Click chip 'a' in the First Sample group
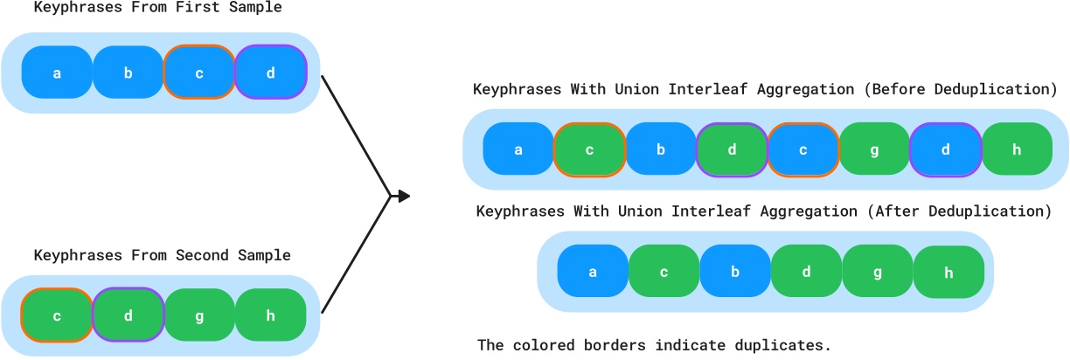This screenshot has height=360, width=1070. click(57, 73)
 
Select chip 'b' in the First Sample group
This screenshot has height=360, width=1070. click(129, 73)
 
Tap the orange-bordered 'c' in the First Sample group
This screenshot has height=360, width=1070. click(199, 73)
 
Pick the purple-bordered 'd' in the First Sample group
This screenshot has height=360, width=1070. click(271, 73)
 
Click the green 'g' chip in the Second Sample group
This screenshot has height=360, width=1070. click(199, 315)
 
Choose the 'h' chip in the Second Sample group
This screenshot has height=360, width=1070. click(271, 315)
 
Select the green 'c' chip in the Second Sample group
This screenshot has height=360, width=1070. click(57, 315)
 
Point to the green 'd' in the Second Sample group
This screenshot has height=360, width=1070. click(129, 315)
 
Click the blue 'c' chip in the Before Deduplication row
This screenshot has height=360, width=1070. click(803, 149)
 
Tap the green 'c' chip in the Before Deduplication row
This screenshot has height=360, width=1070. click(590, 149)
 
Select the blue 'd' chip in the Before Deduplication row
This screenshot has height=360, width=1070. click(946, 149)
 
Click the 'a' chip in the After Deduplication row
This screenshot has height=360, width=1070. click(593, 272)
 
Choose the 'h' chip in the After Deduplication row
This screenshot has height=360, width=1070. click(949, 272)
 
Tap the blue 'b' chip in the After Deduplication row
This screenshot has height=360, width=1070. click(735, 272)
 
